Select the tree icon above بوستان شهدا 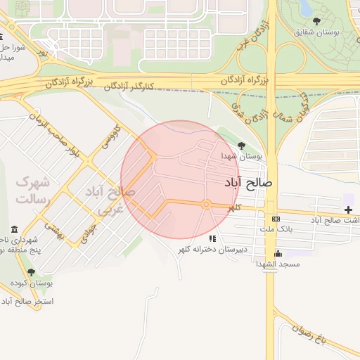point(242,146)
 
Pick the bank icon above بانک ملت point(275,219)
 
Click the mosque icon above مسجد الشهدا point(278,253)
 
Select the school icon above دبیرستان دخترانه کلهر point(212,239)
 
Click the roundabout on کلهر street point(206,204)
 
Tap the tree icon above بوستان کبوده point(30,272)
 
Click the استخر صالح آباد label point(27,302)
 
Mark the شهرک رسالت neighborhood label point(32,191)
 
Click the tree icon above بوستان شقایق point(317,20)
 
